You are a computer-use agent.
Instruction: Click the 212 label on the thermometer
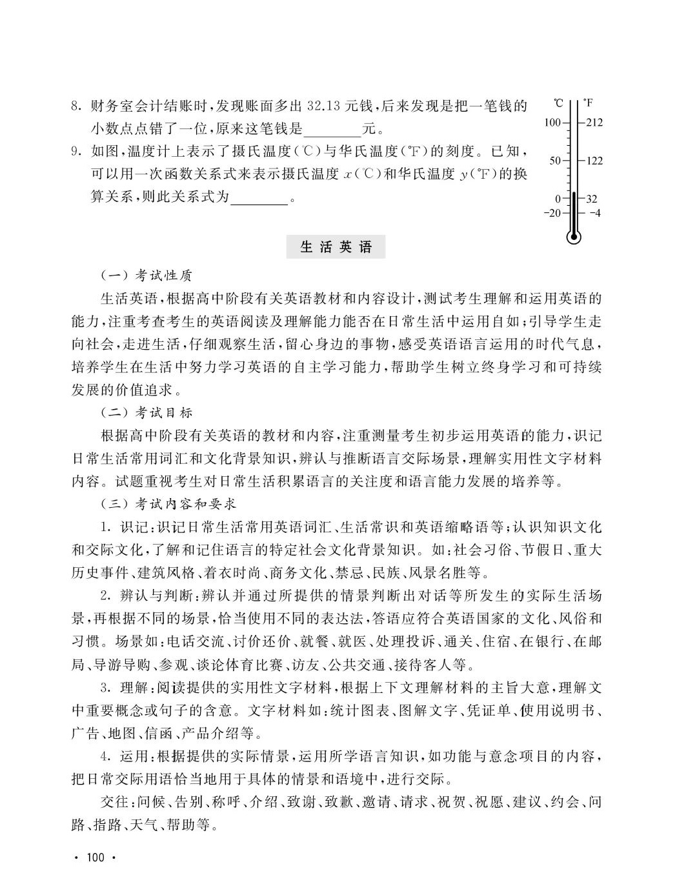[594, 122]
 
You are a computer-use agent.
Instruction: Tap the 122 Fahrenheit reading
[594, 161]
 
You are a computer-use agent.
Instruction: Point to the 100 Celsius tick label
[552, 122]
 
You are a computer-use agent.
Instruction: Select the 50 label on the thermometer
[555, 161]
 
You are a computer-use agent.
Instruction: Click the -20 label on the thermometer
[552, 212]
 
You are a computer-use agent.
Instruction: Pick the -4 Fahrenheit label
[594, 212]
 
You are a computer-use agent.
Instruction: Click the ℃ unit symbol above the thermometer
[558, 103]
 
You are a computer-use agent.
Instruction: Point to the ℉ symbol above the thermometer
[588, 103]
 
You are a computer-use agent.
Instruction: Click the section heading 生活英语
[337, 247]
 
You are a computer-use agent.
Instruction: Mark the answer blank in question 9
[259, 197]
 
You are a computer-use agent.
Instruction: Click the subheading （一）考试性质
[146, 276]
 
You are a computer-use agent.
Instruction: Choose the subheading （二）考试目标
[146, 412]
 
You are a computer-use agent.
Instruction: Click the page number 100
[94, 857]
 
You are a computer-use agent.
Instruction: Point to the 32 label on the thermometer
[592, 199]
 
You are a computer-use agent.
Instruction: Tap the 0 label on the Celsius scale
[558, 199]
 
